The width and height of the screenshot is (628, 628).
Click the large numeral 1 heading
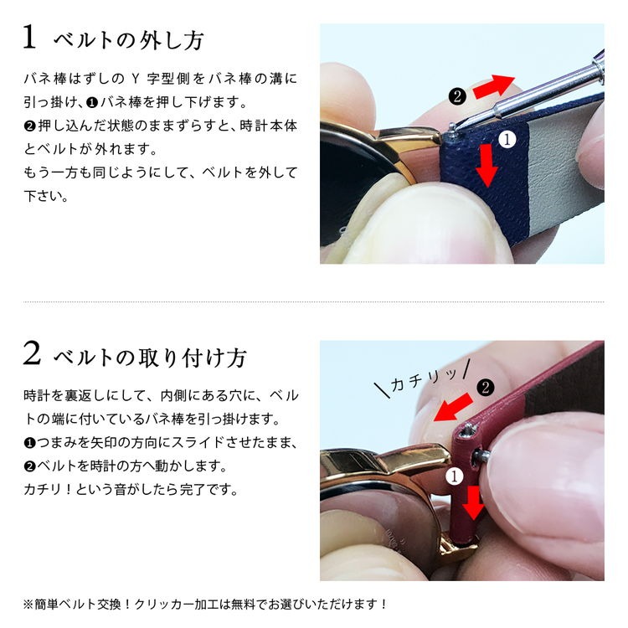pyautogui.click(x=30, y=38)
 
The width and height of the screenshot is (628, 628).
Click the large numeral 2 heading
pyautogui.click(x=32, y=355)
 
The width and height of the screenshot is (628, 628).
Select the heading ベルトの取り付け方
pyautogui.click(x=150, y=358)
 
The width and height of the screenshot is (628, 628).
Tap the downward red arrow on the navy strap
pyautogui.click(x=486, y=165)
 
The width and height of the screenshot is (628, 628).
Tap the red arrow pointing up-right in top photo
pyautogui.click(x=494, y=85)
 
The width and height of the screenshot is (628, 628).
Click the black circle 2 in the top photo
pyautogui.click(x=456, y=95)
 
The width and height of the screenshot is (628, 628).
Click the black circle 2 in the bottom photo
pyautogui.click(x=484, y=387)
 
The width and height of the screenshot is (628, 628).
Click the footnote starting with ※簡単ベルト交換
pyautogui.click(x=205, y=603)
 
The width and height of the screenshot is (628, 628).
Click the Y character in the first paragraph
pyautogui.click(x=136, y=80)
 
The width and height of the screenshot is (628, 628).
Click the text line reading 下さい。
pyautogui.click(x=46, y=198)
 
